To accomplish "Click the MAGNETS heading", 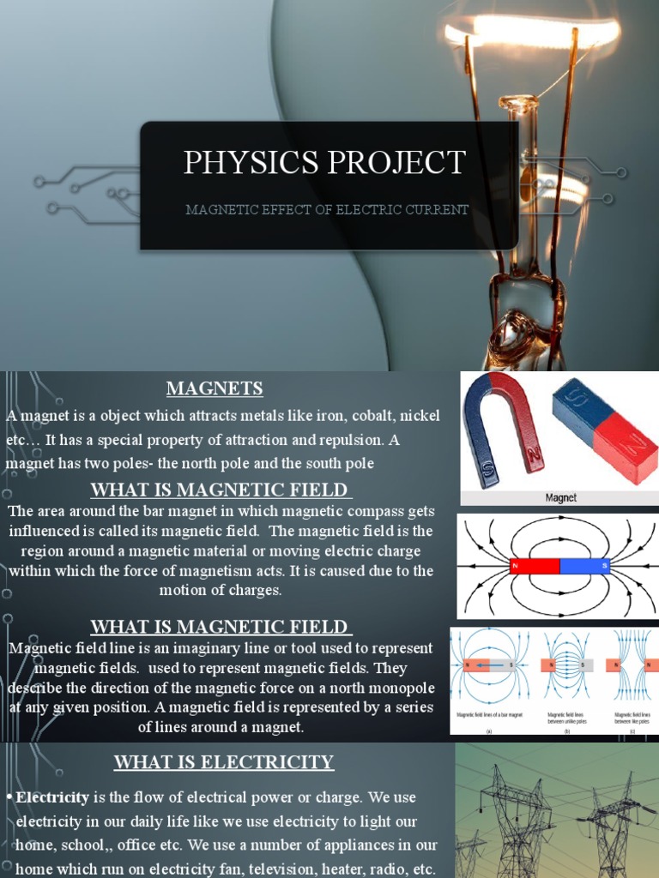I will pyautogui.click(x=215, y=388).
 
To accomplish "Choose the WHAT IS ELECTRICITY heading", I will pyautogui.click(x=224, y=761).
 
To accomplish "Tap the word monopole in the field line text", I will pyautogui.click(x=396, y=689).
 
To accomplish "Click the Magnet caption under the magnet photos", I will pyautogui.click(x=561, y=497).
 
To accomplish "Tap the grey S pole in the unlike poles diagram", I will pyautogui.click(x=583, y=665).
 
